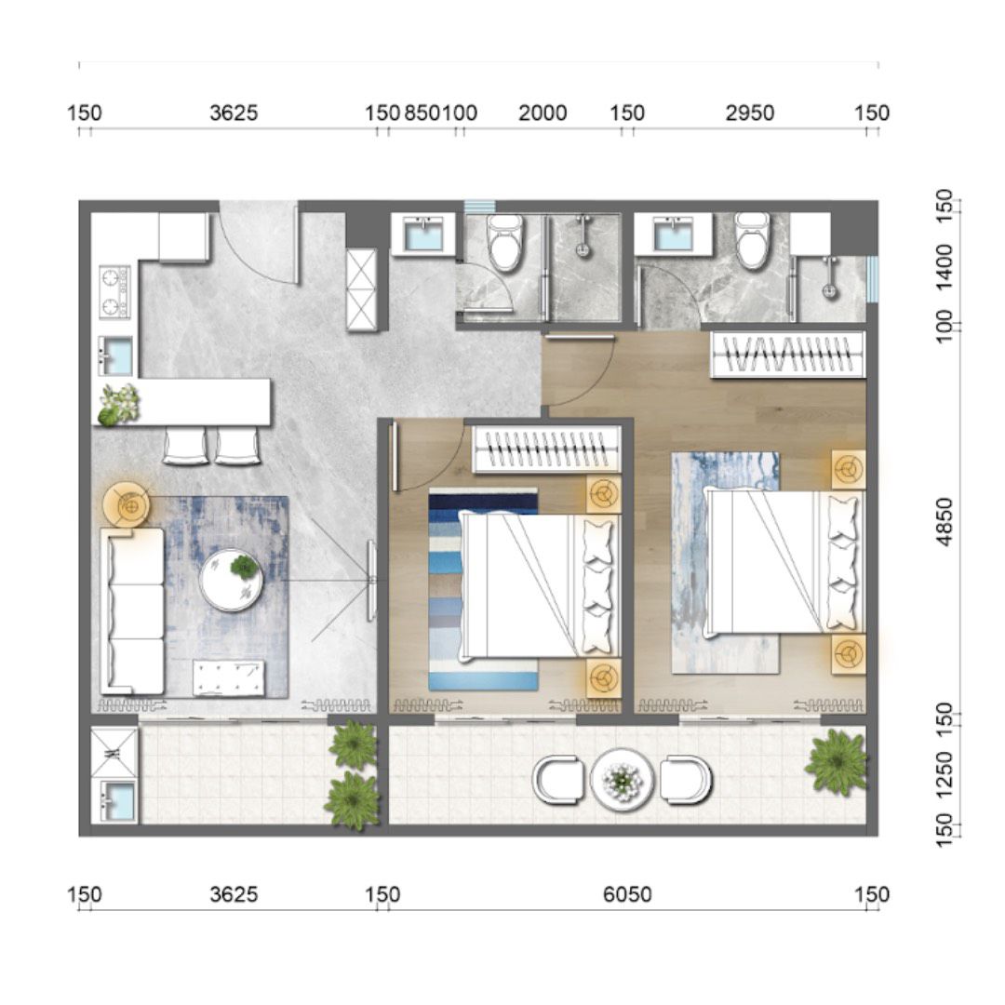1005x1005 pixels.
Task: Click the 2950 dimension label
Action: pos(749,114)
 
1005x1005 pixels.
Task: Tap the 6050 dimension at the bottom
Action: pos(627,894)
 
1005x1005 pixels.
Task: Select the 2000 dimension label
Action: pos(543,114)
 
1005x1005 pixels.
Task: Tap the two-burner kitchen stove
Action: pos(114,292)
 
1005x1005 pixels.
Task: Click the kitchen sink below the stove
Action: pos(115,356)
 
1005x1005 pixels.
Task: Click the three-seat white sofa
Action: pos(132,610)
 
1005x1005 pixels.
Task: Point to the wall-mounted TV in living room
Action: pos(371,581)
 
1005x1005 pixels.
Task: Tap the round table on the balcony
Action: pos(622,780)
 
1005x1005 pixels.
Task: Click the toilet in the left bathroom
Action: pos(505,242)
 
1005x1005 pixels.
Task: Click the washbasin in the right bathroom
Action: pos(673,234)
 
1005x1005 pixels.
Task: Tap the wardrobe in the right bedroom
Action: pos(788,355)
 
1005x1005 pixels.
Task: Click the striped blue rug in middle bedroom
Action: pos(483,589)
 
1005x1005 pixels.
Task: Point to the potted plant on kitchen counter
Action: pos(118,404)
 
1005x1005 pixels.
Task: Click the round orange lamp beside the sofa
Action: pos(127,506)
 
